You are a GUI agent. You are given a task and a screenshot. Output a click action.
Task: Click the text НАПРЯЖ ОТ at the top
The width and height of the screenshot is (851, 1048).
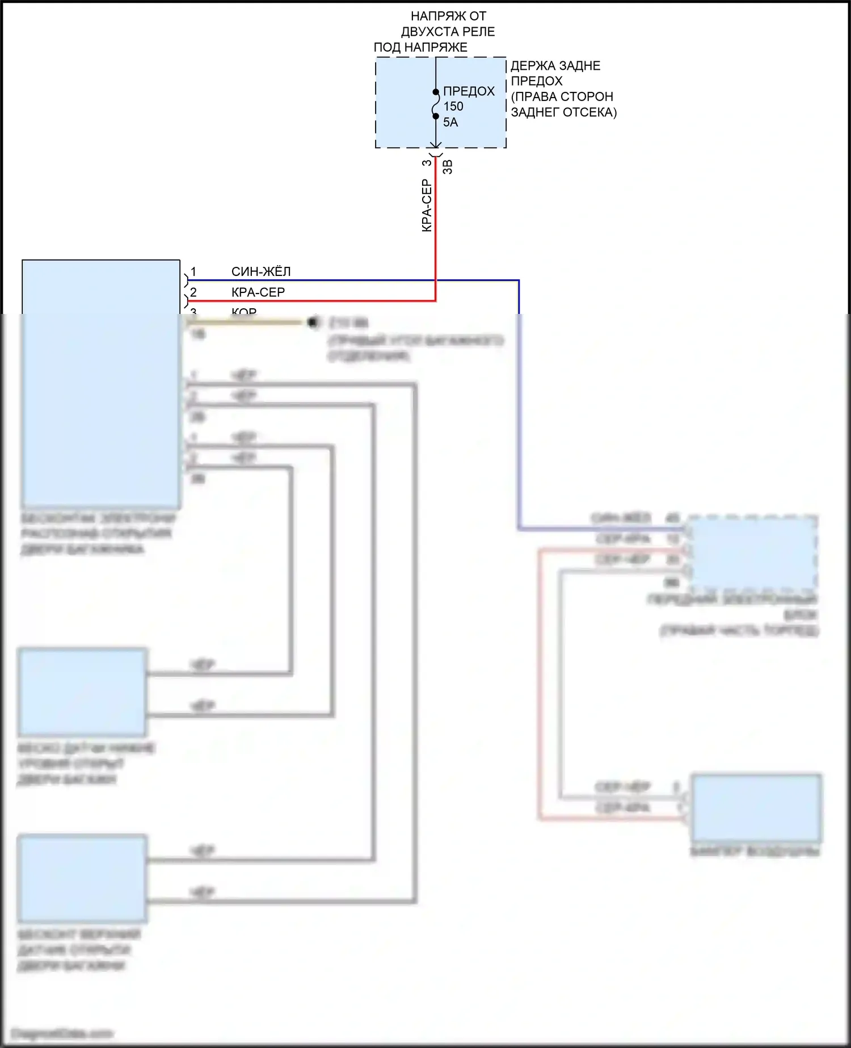[448, 16]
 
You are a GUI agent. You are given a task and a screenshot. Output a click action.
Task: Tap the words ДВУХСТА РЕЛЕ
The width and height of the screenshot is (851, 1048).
[448, 32]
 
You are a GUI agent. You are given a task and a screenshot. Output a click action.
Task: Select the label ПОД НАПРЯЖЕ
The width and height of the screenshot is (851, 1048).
[420, 48]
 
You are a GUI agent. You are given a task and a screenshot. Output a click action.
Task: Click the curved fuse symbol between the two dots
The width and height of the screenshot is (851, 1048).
[436, 104]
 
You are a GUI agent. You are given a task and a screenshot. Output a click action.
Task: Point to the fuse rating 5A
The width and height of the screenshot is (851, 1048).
[450, 122]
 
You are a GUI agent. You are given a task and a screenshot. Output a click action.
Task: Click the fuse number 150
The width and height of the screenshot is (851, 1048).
[453, 106]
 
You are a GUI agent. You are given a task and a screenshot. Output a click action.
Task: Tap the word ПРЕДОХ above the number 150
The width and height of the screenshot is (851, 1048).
[469, 91]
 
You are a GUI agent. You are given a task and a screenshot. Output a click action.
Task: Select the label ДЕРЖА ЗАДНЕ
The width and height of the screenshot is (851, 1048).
[555, 66]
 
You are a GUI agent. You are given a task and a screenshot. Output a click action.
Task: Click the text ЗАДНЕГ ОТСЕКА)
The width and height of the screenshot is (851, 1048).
[563, 112]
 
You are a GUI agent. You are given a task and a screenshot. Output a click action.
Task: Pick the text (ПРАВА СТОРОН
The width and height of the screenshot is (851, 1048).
[562, 97]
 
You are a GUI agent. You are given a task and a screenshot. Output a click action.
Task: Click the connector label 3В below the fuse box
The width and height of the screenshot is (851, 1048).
[447, 167]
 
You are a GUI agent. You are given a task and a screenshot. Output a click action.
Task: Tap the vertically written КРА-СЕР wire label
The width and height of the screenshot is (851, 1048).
[427, 206]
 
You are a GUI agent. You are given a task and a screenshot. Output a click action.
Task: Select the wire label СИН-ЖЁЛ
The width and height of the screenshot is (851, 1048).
[261, 271]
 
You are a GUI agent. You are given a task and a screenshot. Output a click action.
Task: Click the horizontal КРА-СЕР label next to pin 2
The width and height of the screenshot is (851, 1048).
[258, 292]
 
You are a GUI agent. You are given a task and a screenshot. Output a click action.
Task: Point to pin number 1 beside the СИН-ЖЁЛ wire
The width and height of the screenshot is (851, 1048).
[193, 271]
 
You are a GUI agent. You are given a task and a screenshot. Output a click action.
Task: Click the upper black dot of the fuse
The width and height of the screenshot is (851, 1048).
[436, 92]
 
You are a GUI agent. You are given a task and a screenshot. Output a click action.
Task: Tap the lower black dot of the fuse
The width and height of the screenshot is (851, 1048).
[436, 116]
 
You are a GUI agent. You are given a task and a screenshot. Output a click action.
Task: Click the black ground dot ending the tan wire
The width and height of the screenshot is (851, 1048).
[312, 322]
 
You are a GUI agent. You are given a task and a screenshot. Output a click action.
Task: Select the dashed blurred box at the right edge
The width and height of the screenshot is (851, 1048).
[753, 553]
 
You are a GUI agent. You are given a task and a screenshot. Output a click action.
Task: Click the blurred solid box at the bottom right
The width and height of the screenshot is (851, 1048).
[756, 807]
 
